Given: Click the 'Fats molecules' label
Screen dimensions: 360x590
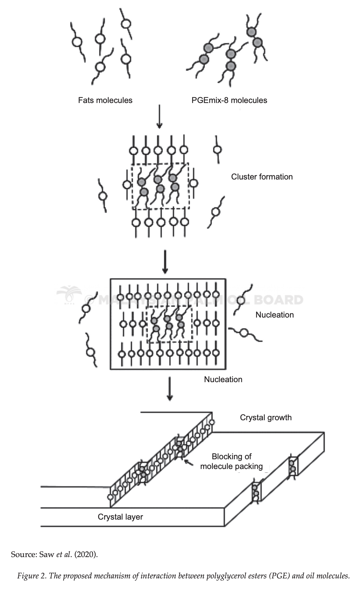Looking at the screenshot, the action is coord(105,100).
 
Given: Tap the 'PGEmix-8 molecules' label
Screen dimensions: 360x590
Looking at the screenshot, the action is coord(229,100).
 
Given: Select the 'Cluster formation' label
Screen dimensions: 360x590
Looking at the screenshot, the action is coord(262,177).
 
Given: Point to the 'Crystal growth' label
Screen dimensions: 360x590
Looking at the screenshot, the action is coord(266,418).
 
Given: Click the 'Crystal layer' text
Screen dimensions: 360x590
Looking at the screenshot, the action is coord(120,517).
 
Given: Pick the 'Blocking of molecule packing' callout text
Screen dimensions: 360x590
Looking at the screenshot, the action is coord(231,461).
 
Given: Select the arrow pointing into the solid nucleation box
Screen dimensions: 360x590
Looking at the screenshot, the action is coord(165,262).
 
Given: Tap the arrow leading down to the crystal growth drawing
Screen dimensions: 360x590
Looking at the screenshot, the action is coord(170,389).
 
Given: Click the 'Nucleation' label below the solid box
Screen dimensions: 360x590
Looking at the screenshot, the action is coord(223,379).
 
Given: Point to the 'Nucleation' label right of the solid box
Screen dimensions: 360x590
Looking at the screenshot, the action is coord(274,315).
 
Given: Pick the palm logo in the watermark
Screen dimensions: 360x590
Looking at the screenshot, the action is coord(69,295).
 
